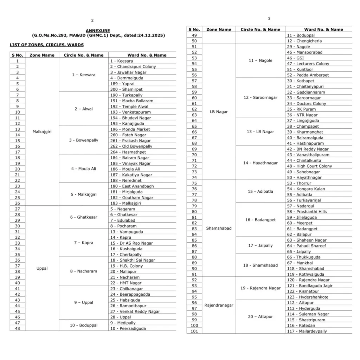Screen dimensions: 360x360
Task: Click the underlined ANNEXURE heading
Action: [98, 31]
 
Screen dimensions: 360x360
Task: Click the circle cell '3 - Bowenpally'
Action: [84, 140]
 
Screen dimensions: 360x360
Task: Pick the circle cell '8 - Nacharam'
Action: [83, 271]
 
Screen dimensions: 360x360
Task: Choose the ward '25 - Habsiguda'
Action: [125, 300]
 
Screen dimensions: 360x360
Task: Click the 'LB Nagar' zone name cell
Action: [218, 112]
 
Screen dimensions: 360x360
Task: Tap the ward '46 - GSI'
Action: [295, 58]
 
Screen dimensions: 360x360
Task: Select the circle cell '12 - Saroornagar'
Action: [261, 98]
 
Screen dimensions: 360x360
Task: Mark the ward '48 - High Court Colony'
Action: [309, 166]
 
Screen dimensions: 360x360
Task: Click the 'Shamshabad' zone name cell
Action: [219, 228]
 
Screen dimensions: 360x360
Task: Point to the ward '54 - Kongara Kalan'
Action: [306, 189]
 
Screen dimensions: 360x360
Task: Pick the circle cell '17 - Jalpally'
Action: [261, 245]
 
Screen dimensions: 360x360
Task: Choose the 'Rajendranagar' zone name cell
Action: [219, 305]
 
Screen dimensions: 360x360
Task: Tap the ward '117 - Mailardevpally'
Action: [307, 331]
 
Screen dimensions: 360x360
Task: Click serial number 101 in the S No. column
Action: [194, 331]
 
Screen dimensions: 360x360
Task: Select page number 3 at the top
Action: [269, 18]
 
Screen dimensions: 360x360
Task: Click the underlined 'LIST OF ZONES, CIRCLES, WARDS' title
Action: [47, 45]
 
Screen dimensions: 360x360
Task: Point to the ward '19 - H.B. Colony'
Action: [127, 266]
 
